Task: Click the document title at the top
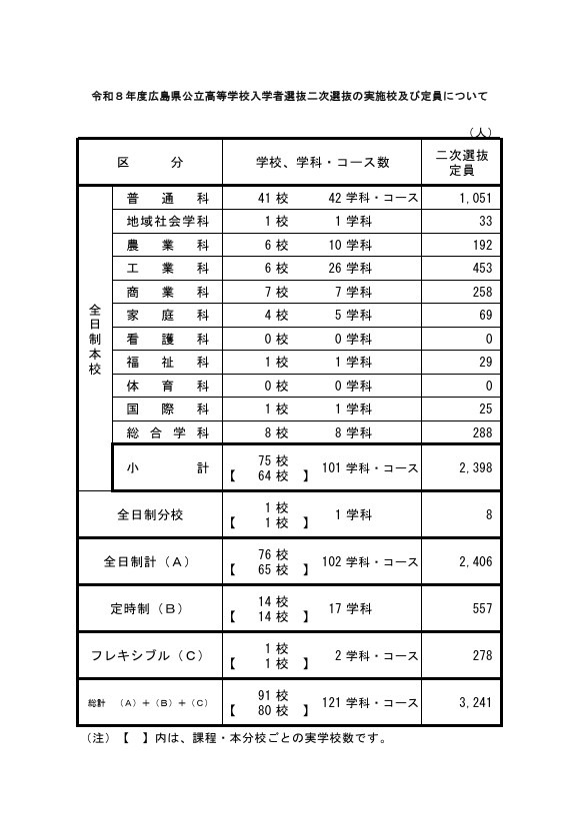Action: tap(289, 97)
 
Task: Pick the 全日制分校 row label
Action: tap(150, 515)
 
